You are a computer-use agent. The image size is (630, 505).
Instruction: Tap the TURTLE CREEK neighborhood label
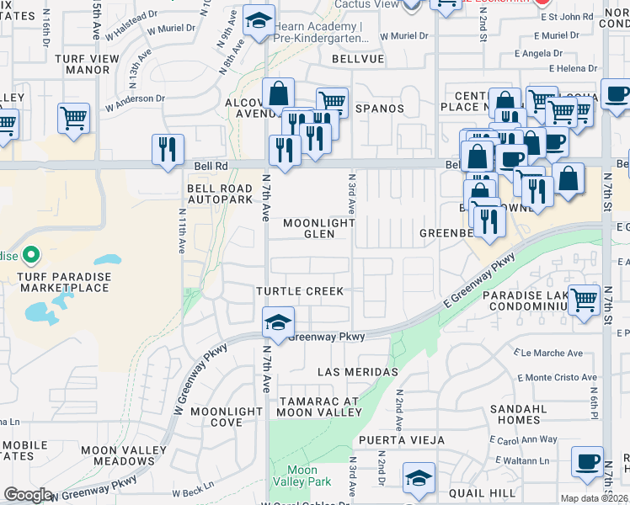(x=300, y=291)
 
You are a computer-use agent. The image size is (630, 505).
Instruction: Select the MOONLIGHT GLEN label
(x=318, y=228)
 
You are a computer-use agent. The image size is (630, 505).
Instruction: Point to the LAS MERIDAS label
(x=357, y=372)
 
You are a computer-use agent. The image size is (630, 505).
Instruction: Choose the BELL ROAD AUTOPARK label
(x=220, y=194)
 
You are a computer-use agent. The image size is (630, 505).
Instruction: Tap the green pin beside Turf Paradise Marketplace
(x=31, y=253)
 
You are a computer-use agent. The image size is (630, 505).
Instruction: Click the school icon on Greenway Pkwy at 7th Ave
(x=277, y=322)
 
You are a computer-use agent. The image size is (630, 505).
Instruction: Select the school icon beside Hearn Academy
(x=259, y=21)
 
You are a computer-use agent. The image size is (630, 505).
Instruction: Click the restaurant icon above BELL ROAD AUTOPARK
(x=168, y=149)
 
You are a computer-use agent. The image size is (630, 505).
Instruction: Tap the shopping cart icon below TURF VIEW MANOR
(x=74, y=117)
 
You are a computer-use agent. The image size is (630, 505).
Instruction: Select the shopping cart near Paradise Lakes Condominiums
(x=583, y=300)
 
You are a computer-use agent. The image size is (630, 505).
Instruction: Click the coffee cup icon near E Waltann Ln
(x=587, y=461)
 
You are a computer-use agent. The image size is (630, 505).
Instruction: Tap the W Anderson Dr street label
(x=135, y=98)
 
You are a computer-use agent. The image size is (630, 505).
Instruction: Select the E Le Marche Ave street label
(x=553, y=353)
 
